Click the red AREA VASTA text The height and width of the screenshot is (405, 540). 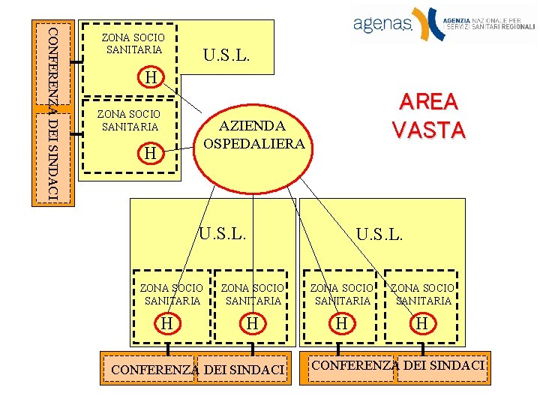pyautogui.click(x=429, y=116)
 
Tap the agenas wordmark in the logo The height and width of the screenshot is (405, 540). pyautogui.click(x=382, y=25)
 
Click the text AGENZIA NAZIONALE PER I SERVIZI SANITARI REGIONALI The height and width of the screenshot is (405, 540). pyautogui.click(x=488, y=22)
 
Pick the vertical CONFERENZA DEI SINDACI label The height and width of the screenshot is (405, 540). pyautogui.click(x=52, y=112)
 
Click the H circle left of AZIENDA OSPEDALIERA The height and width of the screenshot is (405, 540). pyautogui.click(x=151, y=153)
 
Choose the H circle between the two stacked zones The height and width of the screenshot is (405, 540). pyautogui.click(x=151, y=77)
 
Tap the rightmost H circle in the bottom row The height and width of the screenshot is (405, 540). pyautogui.click(x=422, y=323)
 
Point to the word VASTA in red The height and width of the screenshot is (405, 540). pyautogui.click(x=429, y=130)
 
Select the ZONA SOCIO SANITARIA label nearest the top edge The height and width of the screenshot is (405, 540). pyautogui.click(x=133, y=43)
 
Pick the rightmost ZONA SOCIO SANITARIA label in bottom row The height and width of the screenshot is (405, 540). pyautogui.click(x=421, y=294)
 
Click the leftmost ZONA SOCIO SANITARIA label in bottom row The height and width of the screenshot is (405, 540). pyautogui.click(x=171, y=294)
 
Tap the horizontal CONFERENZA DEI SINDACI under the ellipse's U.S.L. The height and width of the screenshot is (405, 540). pyautogui.click(x=197, y=370)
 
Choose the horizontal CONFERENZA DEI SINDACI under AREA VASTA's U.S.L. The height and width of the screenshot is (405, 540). pyautogui.click(x=397, y=366)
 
